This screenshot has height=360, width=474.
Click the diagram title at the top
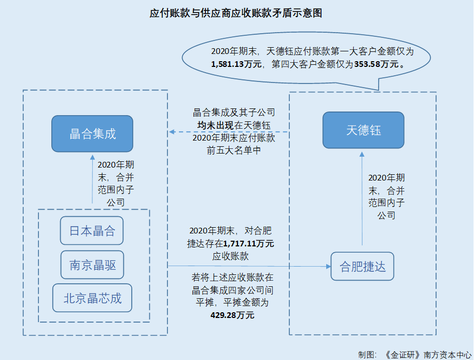coord(236,13)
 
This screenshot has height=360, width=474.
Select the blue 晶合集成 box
coord(92,133)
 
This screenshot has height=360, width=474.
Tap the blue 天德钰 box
coord(364,130)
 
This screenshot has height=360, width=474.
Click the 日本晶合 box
coord(92,231)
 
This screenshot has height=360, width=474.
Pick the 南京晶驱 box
coord(92,266)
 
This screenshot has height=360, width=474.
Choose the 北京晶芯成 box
coord(92,298)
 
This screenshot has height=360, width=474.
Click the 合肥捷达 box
coord(363,267)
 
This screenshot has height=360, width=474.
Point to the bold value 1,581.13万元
coord(236,64)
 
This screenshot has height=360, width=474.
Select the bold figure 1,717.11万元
coord(248,243)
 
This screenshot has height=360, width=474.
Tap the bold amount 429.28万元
coord(232,315)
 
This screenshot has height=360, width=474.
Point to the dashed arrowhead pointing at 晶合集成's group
coord(172,132)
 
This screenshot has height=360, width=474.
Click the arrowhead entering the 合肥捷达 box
coord(328,267)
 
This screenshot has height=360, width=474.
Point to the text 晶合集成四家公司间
coord(232,290)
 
